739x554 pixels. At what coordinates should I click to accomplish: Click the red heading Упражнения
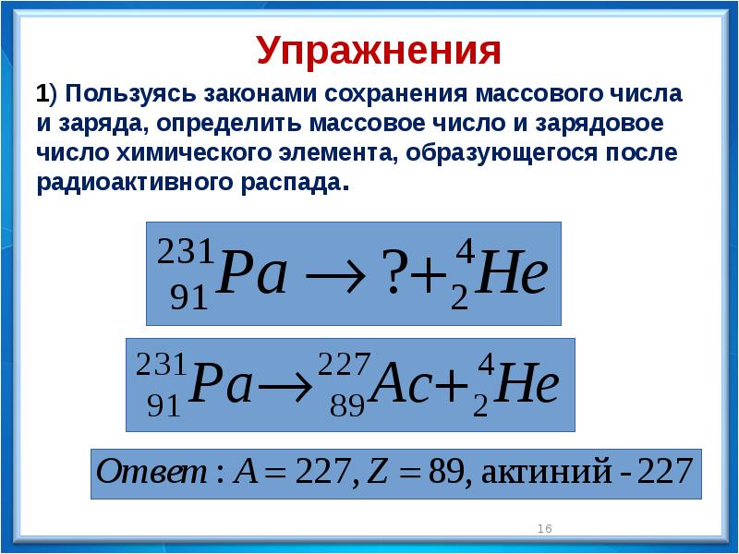tap(379, 51)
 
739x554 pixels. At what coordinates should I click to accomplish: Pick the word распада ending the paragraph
tap(291, 183)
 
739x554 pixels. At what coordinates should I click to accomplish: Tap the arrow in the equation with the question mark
tap(335, 275)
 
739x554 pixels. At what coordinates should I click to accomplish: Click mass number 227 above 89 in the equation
tap(345, 364)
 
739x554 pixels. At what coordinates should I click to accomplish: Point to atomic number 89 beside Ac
tap(347, 405)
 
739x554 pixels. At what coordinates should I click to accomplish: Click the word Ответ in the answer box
tap(151, 471)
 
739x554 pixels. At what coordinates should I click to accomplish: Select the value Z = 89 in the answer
tap(415, 472)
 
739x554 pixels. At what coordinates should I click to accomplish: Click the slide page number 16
tap(544, 528)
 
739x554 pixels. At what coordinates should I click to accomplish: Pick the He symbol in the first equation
tap(512, 272)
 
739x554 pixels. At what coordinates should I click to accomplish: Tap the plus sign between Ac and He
tap(451, 388)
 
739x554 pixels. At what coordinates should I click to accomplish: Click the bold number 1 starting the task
tap(42, 94)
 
